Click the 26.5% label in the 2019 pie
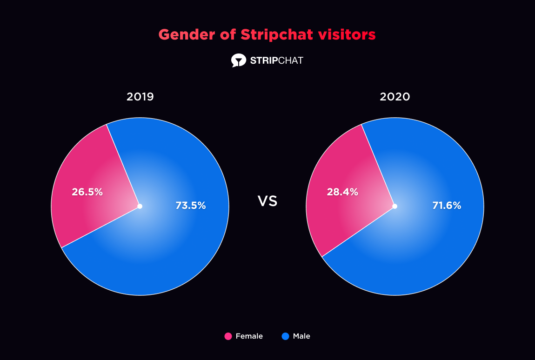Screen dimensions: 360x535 pos(87,192)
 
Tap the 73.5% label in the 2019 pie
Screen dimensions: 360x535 pos(190,205)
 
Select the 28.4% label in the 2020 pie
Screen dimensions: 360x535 pos(342,192)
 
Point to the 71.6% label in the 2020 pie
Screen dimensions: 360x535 pos(446,205)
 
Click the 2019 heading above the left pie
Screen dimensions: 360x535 pos(140,97)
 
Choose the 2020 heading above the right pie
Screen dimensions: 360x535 pos(395,97)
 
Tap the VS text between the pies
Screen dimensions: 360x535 pos(267,201)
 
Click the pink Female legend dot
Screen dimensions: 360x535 pos(228,336)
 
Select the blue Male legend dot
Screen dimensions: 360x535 pos(285,336)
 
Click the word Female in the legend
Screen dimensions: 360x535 pos(249,336)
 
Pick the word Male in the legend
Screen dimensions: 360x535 pos(301,336)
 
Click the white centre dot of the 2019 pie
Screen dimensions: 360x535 pos(140,206)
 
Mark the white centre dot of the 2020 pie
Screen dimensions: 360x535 pos(395,206)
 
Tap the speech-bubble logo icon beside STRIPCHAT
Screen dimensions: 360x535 pos(238,60)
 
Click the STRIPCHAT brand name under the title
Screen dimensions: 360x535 pos(276,60)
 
